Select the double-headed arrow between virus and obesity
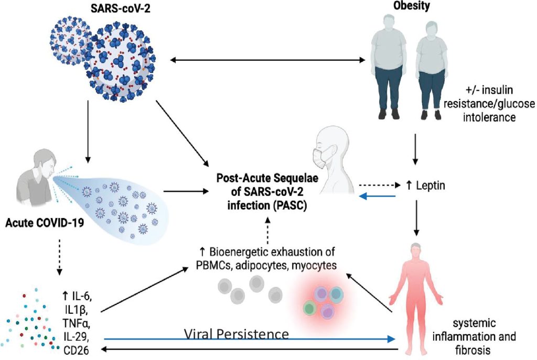[x=267, y=61]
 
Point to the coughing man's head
[x=45, y=160]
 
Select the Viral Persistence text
[x=237, y=333]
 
